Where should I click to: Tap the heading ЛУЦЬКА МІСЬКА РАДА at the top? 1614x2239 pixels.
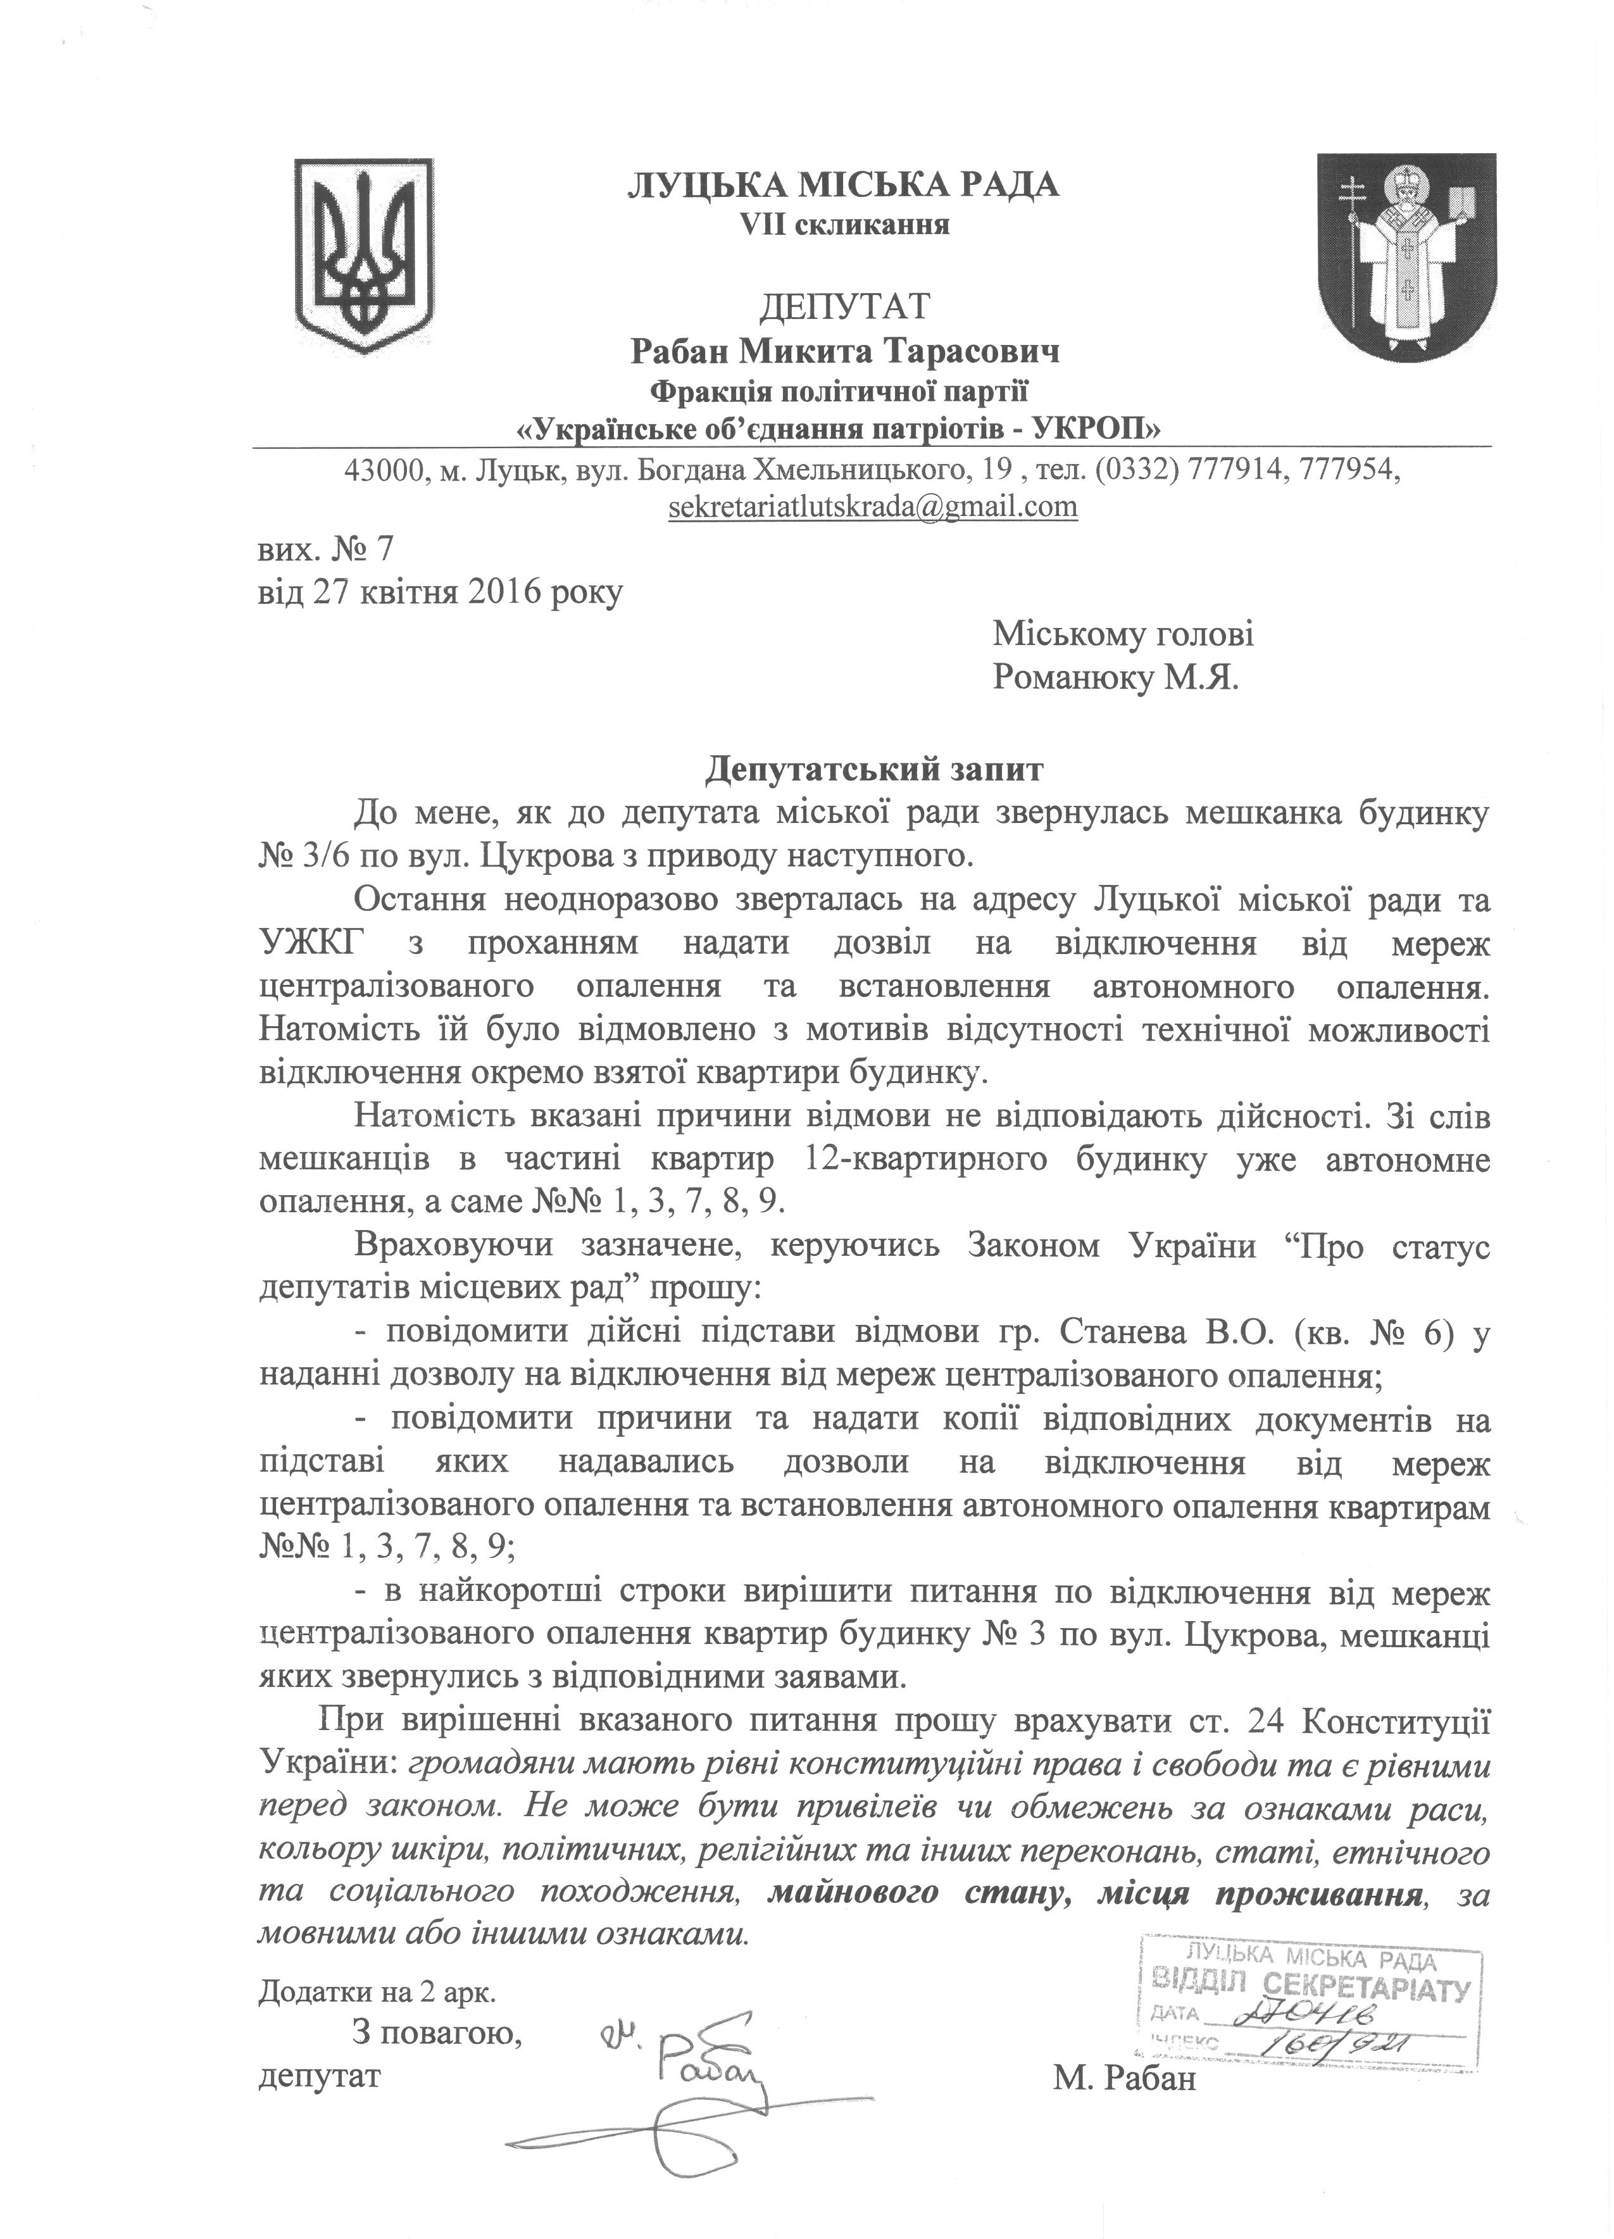(844, 185)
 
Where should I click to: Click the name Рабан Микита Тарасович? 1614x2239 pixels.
(844, 351)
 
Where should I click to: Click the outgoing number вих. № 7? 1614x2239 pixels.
(325, 546)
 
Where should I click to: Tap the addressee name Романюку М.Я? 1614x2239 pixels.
(1115, 678)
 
